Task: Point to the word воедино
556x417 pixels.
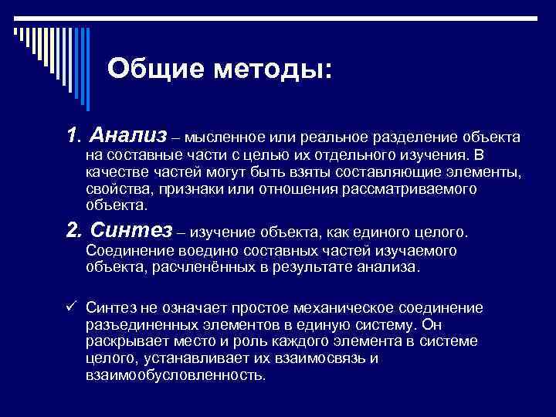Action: tap(202, 250)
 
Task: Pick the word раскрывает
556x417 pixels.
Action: tap(124, 341)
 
